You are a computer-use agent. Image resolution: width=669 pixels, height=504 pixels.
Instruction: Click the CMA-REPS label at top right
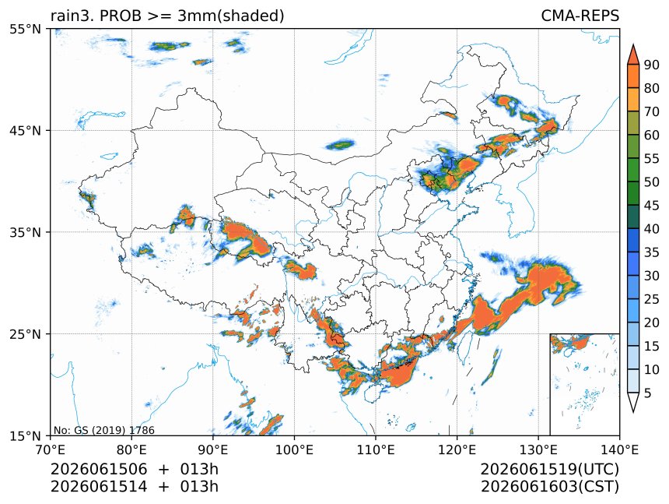click(580, 16)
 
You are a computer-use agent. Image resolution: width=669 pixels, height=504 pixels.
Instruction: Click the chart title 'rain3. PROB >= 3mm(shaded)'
click(167, 16)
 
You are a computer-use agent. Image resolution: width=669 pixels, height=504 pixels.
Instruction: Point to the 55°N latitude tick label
click(25, 30)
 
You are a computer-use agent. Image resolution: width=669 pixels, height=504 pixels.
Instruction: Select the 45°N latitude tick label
click(25, 130)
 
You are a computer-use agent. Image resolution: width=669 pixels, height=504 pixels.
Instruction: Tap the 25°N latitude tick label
click(25, 333)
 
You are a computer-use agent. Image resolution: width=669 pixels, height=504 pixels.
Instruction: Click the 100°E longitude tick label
click(294, 449)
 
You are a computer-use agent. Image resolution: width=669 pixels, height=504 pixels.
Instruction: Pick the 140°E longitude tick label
click(619, 449)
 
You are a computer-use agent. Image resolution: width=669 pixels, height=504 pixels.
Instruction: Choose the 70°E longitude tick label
click(51, 449)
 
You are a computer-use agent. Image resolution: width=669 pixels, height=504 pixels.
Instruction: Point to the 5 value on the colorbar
click(648, 393)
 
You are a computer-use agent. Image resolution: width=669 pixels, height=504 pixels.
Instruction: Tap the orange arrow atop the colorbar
click(633, 54)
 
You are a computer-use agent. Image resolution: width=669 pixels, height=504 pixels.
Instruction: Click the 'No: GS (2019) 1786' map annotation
click(103, 430)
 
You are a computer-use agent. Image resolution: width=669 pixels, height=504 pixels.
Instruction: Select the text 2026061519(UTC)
click(549, 469)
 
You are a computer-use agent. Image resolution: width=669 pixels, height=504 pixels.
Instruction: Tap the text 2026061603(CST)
click(549, 487)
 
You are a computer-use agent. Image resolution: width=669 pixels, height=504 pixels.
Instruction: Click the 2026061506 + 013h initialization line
click(135, 469)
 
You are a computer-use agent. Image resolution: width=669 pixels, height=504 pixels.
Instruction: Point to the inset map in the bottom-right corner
click(584, 384)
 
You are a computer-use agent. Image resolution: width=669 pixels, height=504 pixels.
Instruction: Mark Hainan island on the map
click(372, 392)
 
